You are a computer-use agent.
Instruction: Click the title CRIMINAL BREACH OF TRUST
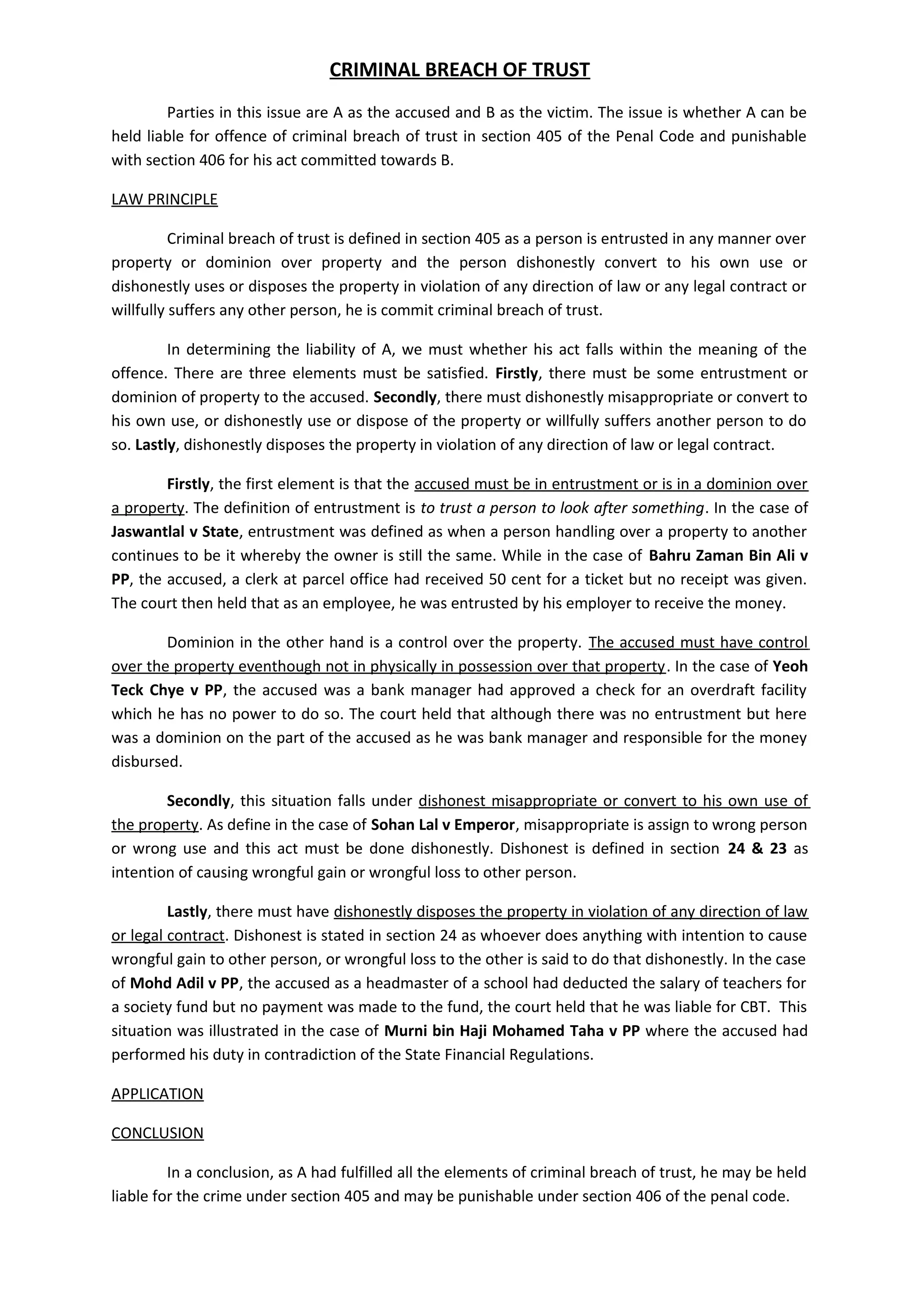(x=459, y=69)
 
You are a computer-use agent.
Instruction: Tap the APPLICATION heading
(x=157, y=1094)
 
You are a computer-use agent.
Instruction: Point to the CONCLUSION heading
(x=158, y=1133)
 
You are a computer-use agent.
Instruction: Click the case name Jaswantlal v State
(x=175, y=531)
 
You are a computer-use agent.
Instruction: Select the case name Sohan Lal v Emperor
(x=443, y=824)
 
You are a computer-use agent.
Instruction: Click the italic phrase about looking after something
(x=562, y=507)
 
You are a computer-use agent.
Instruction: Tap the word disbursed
(x=147, y=761)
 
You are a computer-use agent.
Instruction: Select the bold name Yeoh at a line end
(x=790, y=666)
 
